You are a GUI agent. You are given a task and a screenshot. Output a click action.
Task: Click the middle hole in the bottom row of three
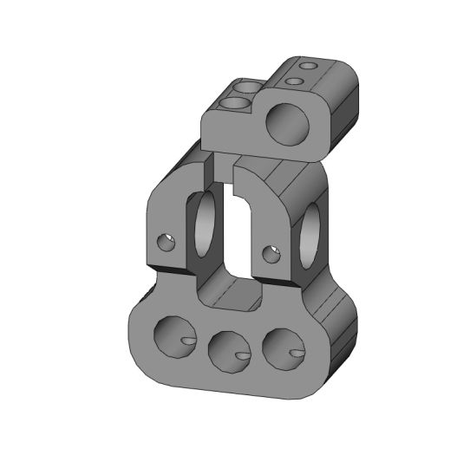[x=230, y=349]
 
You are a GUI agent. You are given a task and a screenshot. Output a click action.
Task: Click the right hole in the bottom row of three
[x=285, y=347]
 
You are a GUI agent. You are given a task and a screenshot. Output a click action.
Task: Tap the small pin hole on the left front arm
[x=166, y=242]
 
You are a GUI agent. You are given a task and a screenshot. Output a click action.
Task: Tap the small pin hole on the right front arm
[x=271, y=253]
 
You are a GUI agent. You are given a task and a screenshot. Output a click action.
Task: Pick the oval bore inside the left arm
[x=206, y=230]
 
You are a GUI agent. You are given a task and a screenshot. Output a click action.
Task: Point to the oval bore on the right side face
[x=310, y=235]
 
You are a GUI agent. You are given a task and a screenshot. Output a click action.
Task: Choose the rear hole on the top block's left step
[x=246, y=88]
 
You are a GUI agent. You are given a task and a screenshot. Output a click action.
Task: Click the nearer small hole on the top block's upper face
[x=294, y=81]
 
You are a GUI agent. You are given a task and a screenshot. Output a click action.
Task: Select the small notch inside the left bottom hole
[x=186, y=341]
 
